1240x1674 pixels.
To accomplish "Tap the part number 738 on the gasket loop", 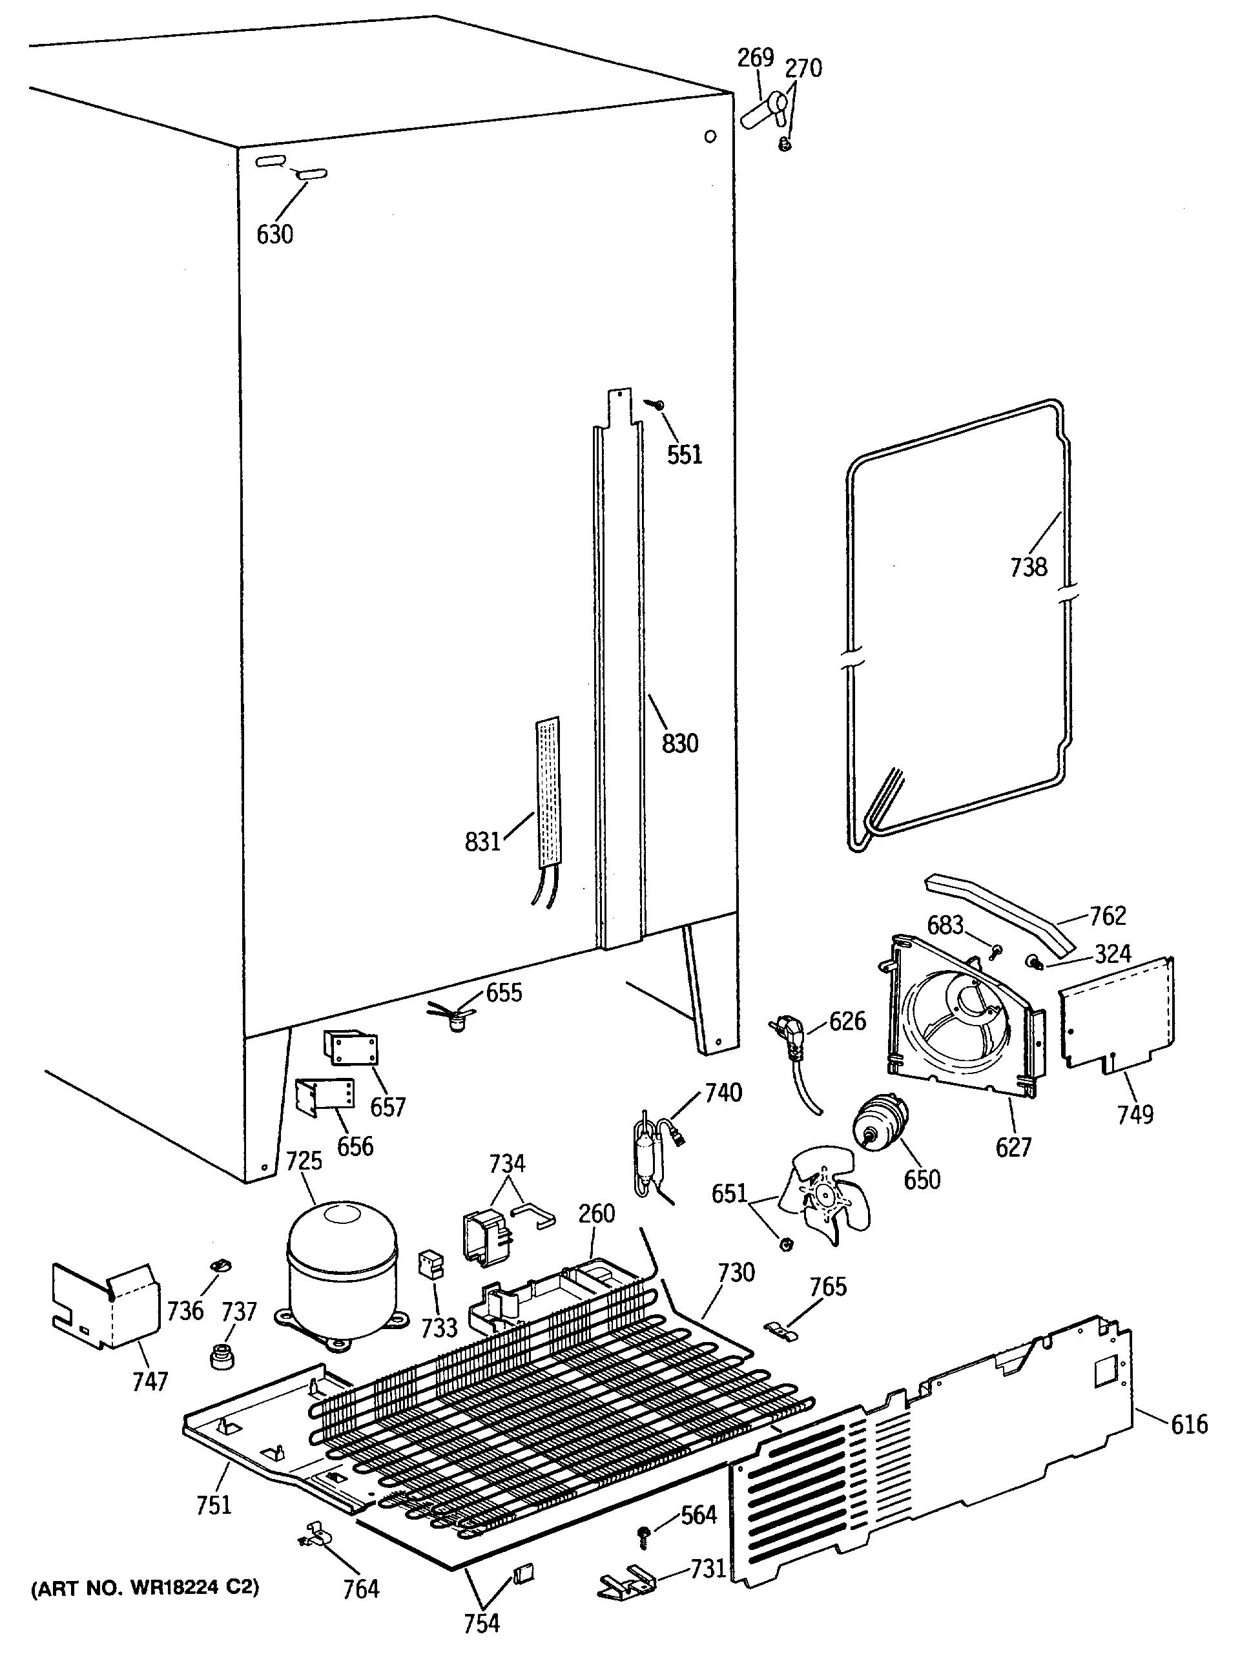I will coord(1028,567).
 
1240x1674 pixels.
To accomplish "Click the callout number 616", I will coord(1189,1423).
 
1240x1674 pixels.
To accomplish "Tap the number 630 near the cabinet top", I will coord(274,235).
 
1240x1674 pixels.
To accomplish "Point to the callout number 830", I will coord(679,743).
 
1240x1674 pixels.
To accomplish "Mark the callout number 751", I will coord(214,1504).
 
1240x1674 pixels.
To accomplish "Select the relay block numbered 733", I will coord(431,1265).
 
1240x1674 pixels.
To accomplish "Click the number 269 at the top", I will coord(755,57).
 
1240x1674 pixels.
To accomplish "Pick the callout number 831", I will coord(482,842).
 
